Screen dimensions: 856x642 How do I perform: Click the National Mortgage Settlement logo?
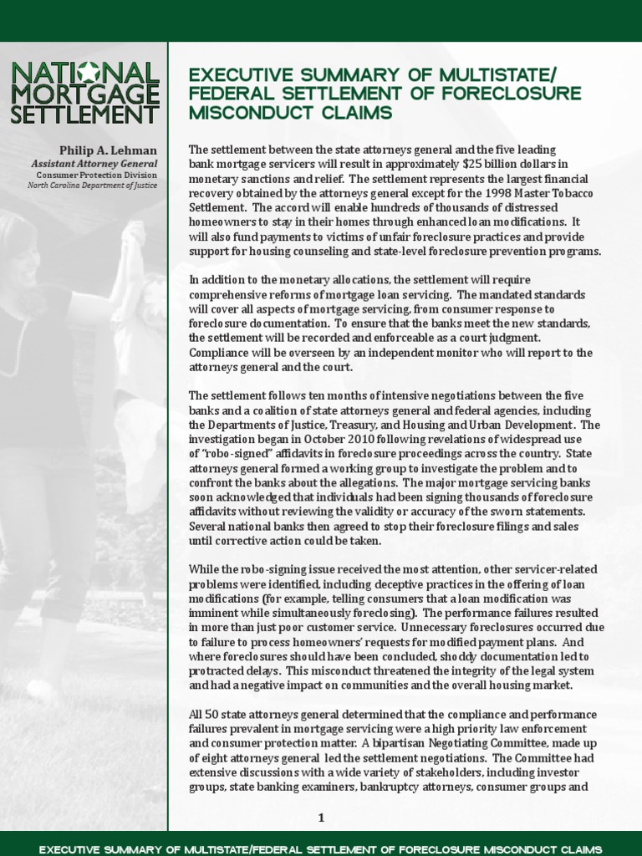[x=84, y=92]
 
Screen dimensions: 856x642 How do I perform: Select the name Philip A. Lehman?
[x=108, y=150]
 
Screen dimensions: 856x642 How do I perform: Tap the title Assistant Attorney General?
[x=94, y=165]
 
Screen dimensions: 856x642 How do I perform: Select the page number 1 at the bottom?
[x=321, y=818]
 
